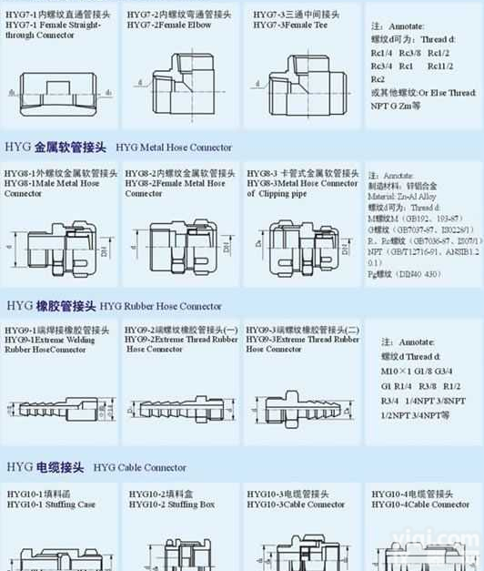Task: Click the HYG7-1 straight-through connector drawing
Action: point(58,91)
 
